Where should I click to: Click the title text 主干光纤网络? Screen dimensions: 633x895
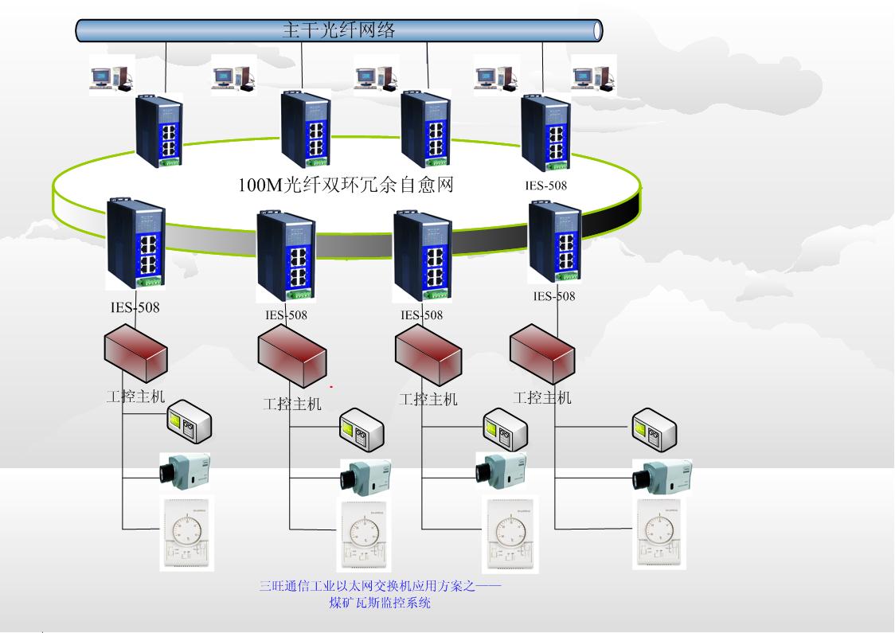pyautogui.click(x=338, y=30)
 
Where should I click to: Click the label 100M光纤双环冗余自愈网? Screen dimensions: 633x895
pyautogui.click(x=346, y=186)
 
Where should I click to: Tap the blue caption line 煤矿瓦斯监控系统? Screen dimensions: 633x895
pyautogui.click(x=380, y=603)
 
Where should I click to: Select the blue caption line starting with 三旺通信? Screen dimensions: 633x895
pyautogui.click(x=381, y=587)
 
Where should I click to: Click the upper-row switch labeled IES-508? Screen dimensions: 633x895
pyautogui.click(x=546, y=133)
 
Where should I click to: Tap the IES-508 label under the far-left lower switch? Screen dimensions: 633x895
pyautogui.click(x=135, y=307)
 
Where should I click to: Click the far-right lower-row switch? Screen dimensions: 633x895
pyautogui.click(x=555, y=242)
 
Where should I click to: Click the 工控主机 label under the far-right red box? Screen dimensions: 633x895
pyautogui.click(x=542, y=397)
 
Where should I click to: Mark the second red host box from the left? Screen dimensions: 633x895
pyautogui.click(x=292, y=355)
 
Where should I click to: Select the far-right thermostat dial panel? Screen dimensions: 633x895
pyautogui.click(x=659, y=533)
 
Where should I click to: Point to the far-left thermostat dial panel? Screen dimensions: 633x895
pyautogui.click(x=189, y=533)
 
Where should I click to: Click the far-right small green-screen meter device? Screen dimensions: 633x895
pyautogui.click(x=655, y=430)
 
